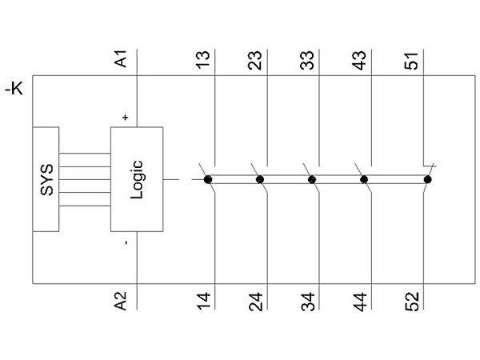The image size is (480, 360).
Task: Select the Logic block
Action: [x=136, y=180]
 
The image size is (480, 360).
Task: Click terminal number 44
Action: [x=359, y=301]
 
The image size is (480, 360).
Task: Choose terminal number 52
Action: [x=411, y=301]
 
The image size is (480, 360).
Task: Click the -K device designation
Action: [x=14, y=89]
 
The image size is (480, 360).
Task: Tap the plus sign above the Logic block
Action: [x=125, y=118]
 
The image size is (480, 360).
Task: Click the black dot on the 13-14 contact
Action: [x=208, y=180]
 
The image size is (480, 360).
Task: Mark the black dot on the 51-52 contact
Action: [x=427, y=180]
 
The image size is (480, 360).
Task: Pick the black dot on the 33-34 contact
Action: [x=312, y=180]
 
